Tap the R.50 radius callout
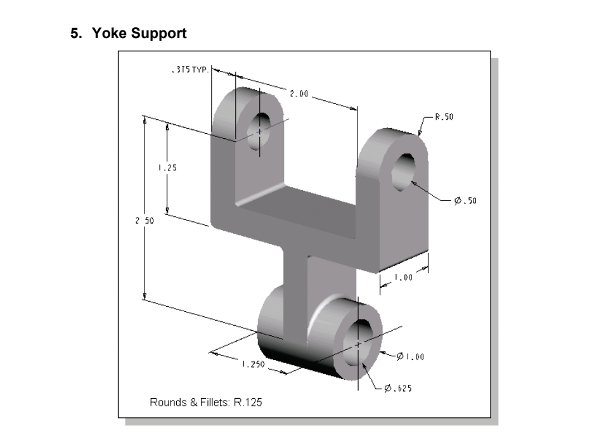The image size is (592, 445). coord(444,117)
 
